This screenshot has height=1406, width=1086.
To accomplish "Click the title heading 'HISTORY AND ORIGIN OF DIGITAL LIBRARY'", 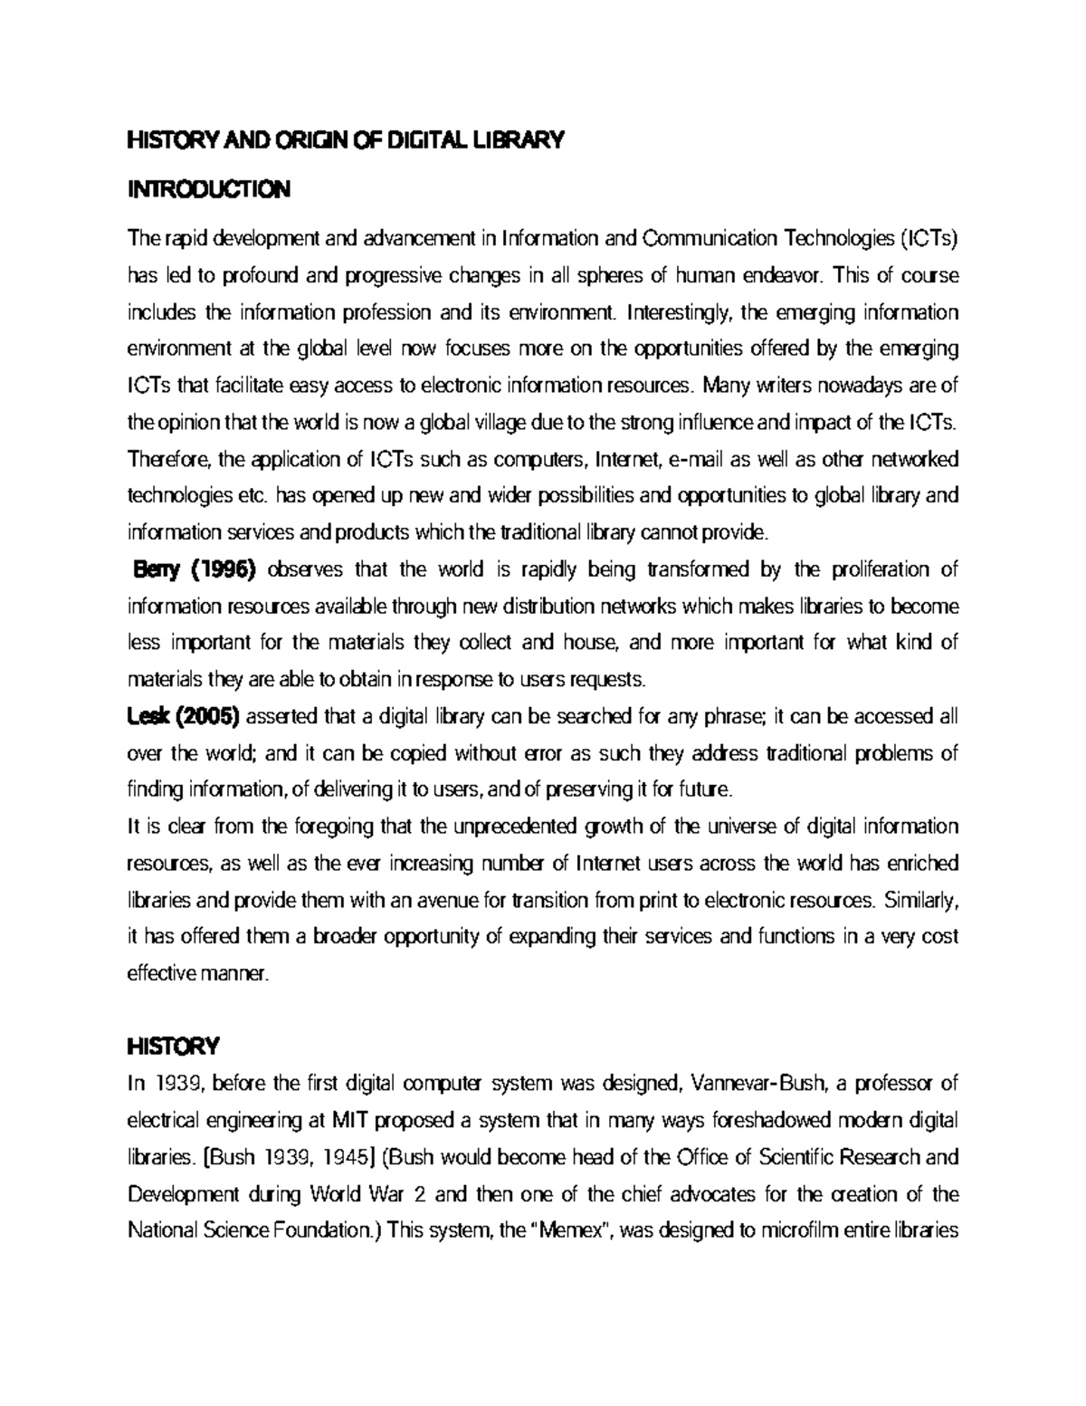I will tap(344, 141).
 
